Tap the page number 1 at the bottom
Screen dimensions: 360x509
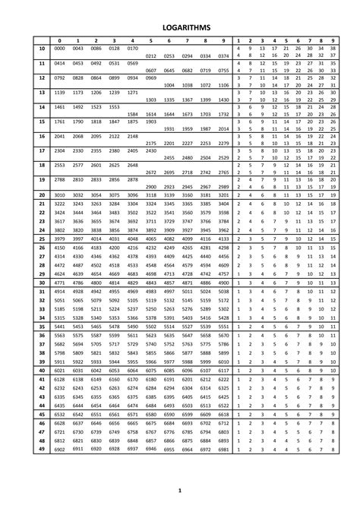(180, 492)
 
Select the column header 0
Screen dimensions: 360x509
(59, 40)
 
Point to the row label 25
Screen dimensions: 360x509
(41, 238)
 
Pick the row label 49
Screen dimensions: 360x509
(41, 450)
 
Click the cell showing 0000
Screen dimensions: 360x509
(59, 48)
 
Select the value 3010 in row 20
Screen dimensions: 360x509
(59, 194)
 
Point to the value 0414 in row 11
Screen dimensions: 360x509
(59, 64)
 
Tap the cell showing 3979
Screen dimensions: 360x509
(59, 238)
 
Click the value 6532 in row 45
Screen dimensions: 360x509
(59, 414)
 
